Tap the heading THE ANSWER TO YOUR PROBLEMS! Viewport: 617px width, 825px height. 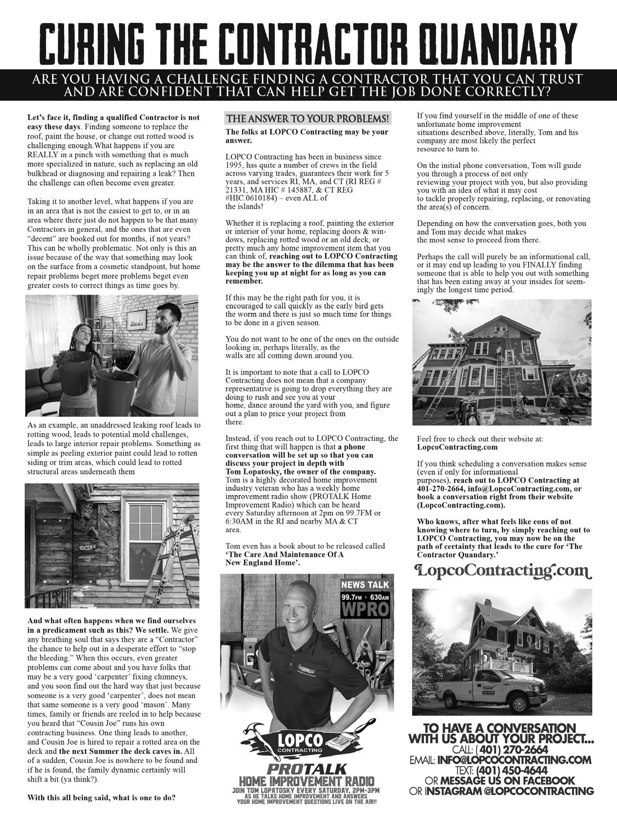[x=308, y=118]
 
